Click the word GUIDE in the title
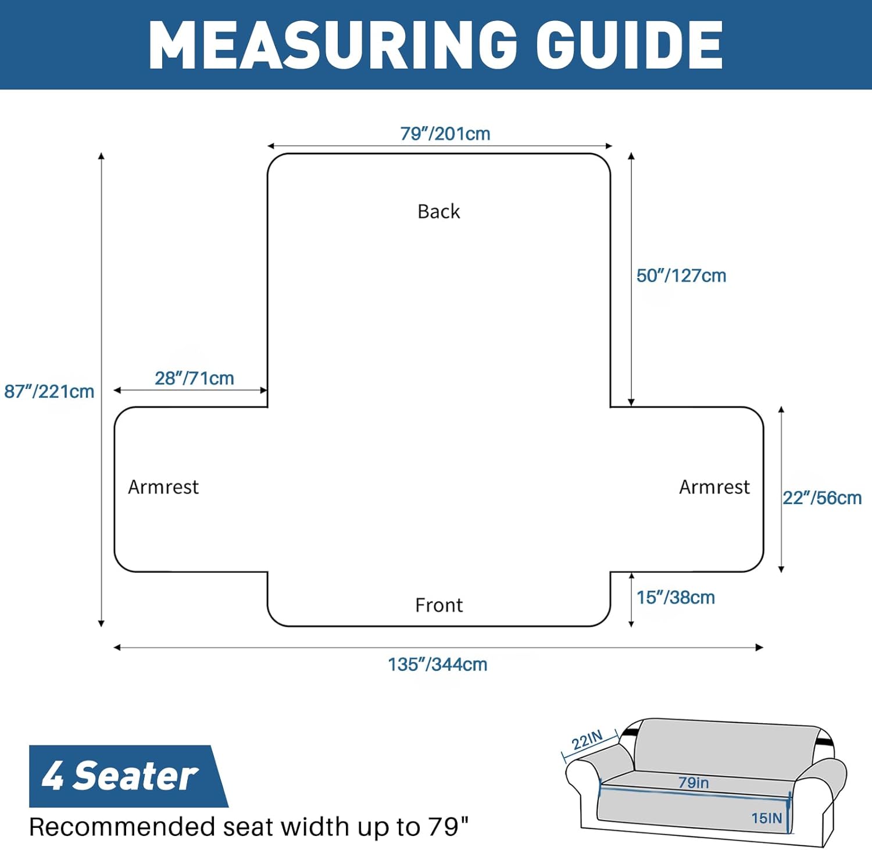click(629, 45)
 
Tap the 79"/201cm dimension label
click(445, 134)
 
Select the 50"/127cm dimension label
click(681, 276)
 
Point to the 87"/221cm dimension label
click(49, 391)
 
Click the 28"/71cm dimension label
click(194, 378)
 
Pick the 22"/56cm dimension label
click(822, 498)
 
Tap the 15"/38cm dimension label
click(676, 597)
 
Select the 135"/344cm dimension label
click(438, 664)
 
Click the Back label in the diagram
click(439, 211)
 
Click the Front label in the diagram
click(439, 605)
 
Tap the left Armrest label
click(163, 487)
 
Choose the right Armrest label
click(714, 487)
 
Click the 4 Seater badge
click(125, 776)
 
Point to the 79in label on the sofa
click(694, 783)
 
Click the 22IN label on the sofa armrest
click(587, 740)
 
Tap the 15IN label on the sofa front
click(767, 818)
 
